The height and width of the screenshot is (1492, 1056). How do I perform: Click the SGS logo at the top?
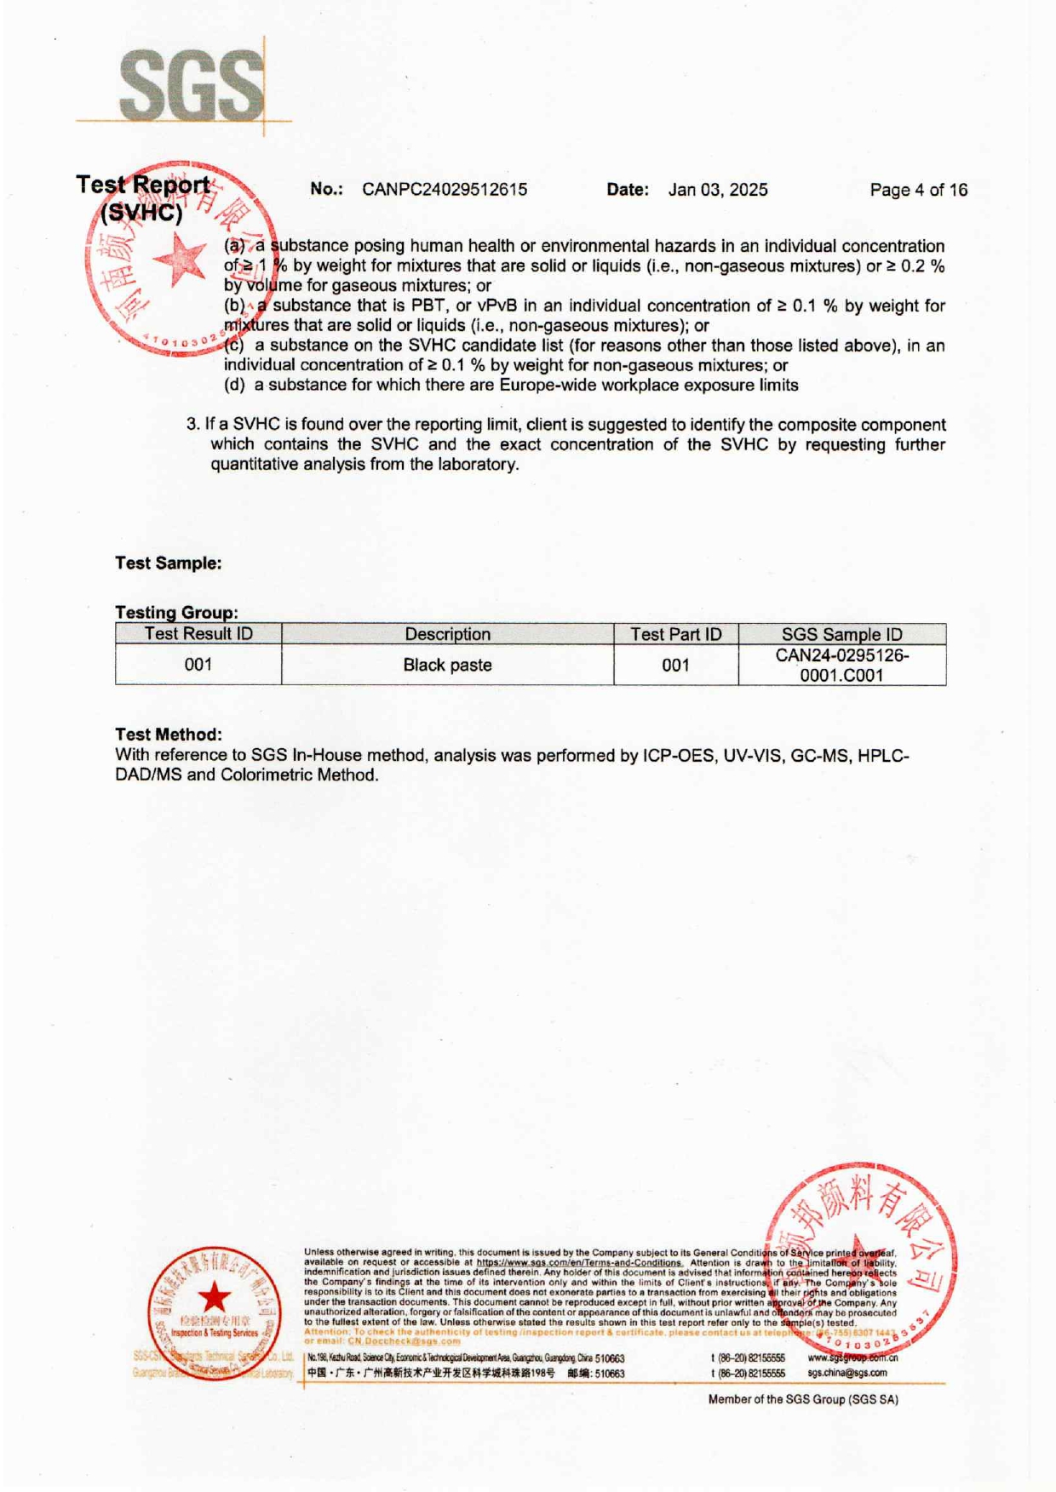click(192, 85)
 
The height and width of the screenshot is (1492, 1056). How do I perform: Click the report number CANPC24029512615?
click(444, 190)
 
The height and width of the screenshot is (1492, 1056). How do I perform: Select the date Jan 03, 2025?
click(717, 190)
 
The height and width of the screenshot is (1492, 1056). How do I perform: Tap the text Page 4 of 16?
click(918, 190)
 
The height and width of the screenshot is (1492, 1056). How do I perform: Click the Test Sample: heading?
click(169, 563)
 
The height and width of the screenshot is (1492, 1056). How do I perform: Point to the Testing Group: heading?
click(176, 612)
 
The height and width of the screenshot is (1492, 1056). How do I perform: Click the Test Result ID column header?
click(198, 634)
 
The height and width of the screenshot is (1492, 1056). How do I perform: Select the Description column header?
click(447, 634)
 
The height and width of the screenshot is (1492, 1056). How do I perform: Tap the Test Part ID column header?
click(675, 634)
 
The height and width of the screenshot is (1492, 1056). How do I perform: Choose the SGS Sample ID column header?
click(841, 634)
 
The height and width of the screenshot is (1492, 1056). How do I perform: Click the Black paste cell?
click(447, 665)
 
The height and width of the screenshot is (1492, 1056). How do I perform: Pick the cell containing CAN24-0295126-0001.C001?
click(841, 666)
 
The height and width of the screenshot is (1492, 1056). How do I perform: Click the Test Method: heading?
click(169, 735)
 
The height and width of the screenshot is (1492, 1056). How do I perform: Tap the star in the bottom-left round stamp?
click(215, 1298)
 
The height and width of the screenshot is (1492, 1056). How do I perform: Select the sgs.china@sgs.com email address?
click(847, 1373)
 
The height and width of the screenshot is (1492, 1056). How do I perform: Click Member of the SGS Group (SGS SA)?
click(802, 1399)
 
